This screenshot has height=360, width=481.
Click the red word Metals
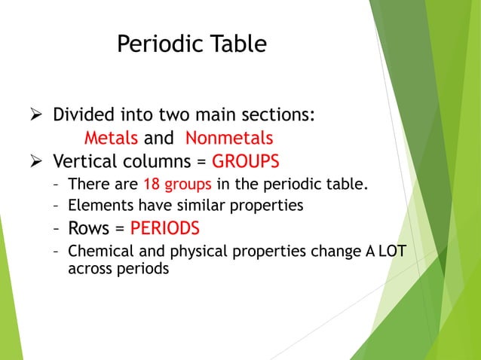tap(111, 139)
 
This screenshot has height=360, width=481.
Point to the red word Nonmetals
tap(229, 139)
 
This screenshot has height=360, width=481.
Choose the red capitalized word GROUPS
tap(246, 161)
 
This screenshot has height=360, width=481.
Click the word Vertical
tap(82, 161)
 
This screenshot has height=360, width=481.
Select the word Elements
tap(96, 204)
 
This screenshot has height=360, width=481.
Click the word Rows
tap(88, 227)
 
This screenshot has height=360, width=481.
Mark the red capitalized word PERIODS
tap(165, 227)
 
